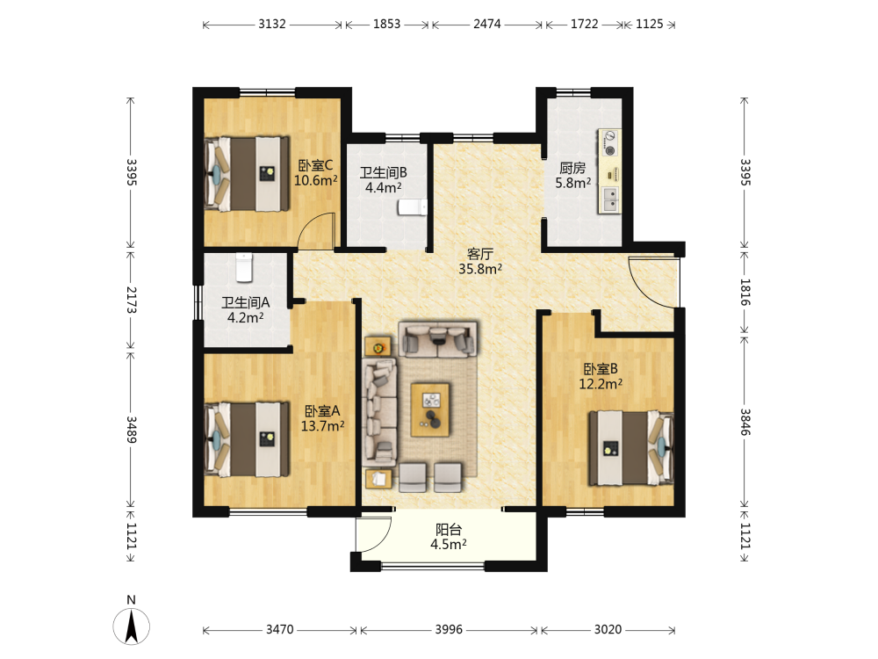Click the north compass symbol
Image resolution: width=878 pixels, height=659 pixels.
(132, 626)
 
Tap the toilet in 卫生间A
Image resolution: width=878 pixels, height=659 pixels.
(244, 267)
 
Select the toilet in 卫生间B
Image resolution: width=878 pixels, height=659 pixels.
(412, 207)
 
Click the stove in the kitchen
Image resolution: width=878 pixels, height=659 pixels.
(609, 142)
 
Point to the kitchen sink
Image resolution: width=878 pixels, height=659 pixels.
(609, 199)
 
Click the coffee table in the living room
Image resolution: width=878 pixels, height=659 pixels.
(430, 409)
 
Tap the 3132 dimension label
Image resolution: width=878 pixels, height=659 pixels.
(272, 24)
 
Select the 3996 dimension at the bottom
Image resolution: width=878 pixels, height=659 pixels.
(449, 629)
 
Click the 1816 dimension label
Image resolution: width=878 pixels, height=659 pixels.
(745, 292)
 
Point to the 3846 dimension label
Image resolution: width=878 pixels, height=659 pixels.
(745, 422)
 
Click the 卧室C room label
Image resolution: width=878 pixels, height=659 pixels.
(315, 165)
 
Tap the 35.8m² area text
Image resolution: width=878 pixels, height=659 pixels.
(480, 269)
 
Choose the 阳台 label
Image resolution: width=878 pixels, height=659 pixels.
(449, 530)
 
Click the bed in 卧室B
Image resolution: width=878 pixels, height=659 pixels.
(631, 448)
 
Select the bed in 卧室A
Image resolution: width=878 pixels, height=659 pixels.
(247, 439)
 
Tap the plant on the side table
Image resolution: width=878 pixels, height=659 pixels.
(378, 348)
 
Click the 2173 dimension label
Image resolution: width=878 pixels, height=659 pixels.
(131, 301)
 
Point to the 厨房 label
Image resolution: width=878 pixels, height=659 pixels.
(572, 168)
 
